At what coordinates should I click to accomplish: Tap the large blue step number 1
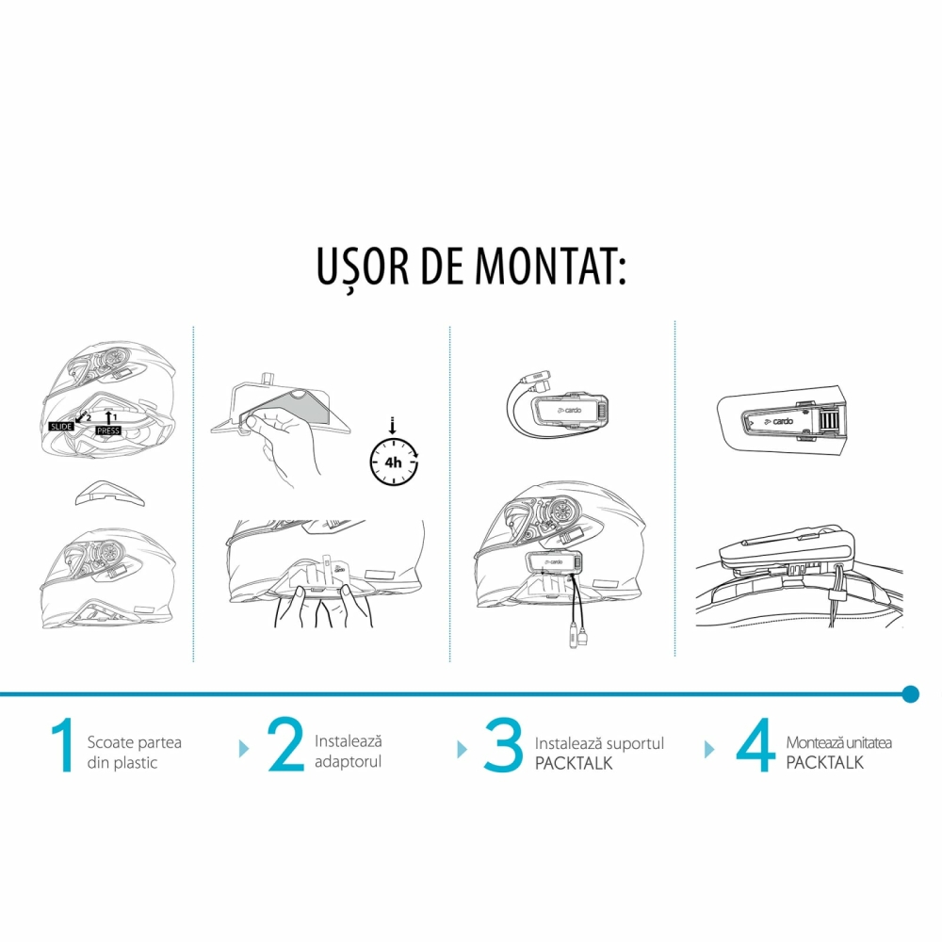pos(63,745)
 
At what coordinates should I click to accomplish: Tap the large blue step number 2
pos(285,744)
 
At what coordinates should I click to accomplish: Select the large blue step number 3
pos(503,745)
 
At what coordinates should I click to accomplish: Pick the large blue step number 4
pos(755,745)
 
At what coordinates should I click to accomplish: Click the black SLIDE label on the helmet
pos(61,427)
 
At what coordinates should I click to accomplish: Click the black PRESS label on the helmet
pos(108,430)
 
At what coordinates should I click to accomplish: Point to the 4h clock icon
pos(394,461)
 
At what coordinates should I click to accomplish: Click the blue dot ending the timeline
pos(911,694)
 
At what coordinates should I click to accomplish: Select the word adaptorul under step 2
pos(348,762)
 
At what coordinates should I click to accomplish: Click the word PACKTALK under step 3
pos(574,763)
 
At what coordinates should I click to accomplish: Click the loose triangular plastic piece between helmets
pos(109,494)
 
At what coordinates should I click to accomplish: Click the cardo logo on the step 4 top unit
pos(779,422)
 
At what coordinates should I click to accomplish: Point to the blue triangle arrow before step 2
pos(244,749)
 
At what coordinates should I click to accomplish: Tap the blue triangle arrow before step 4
pos(709,749)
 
